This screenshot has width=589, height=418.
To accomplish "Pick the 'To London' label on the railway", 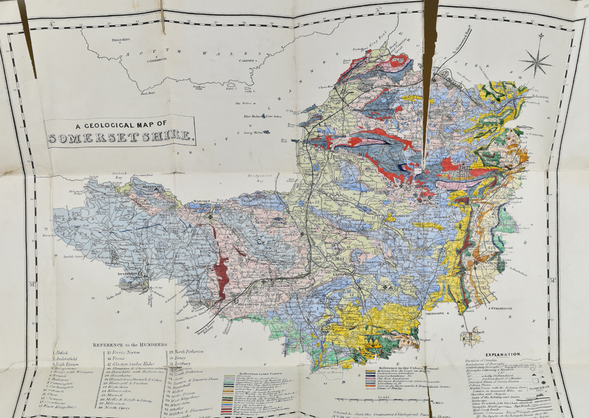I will click(537, 97).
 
